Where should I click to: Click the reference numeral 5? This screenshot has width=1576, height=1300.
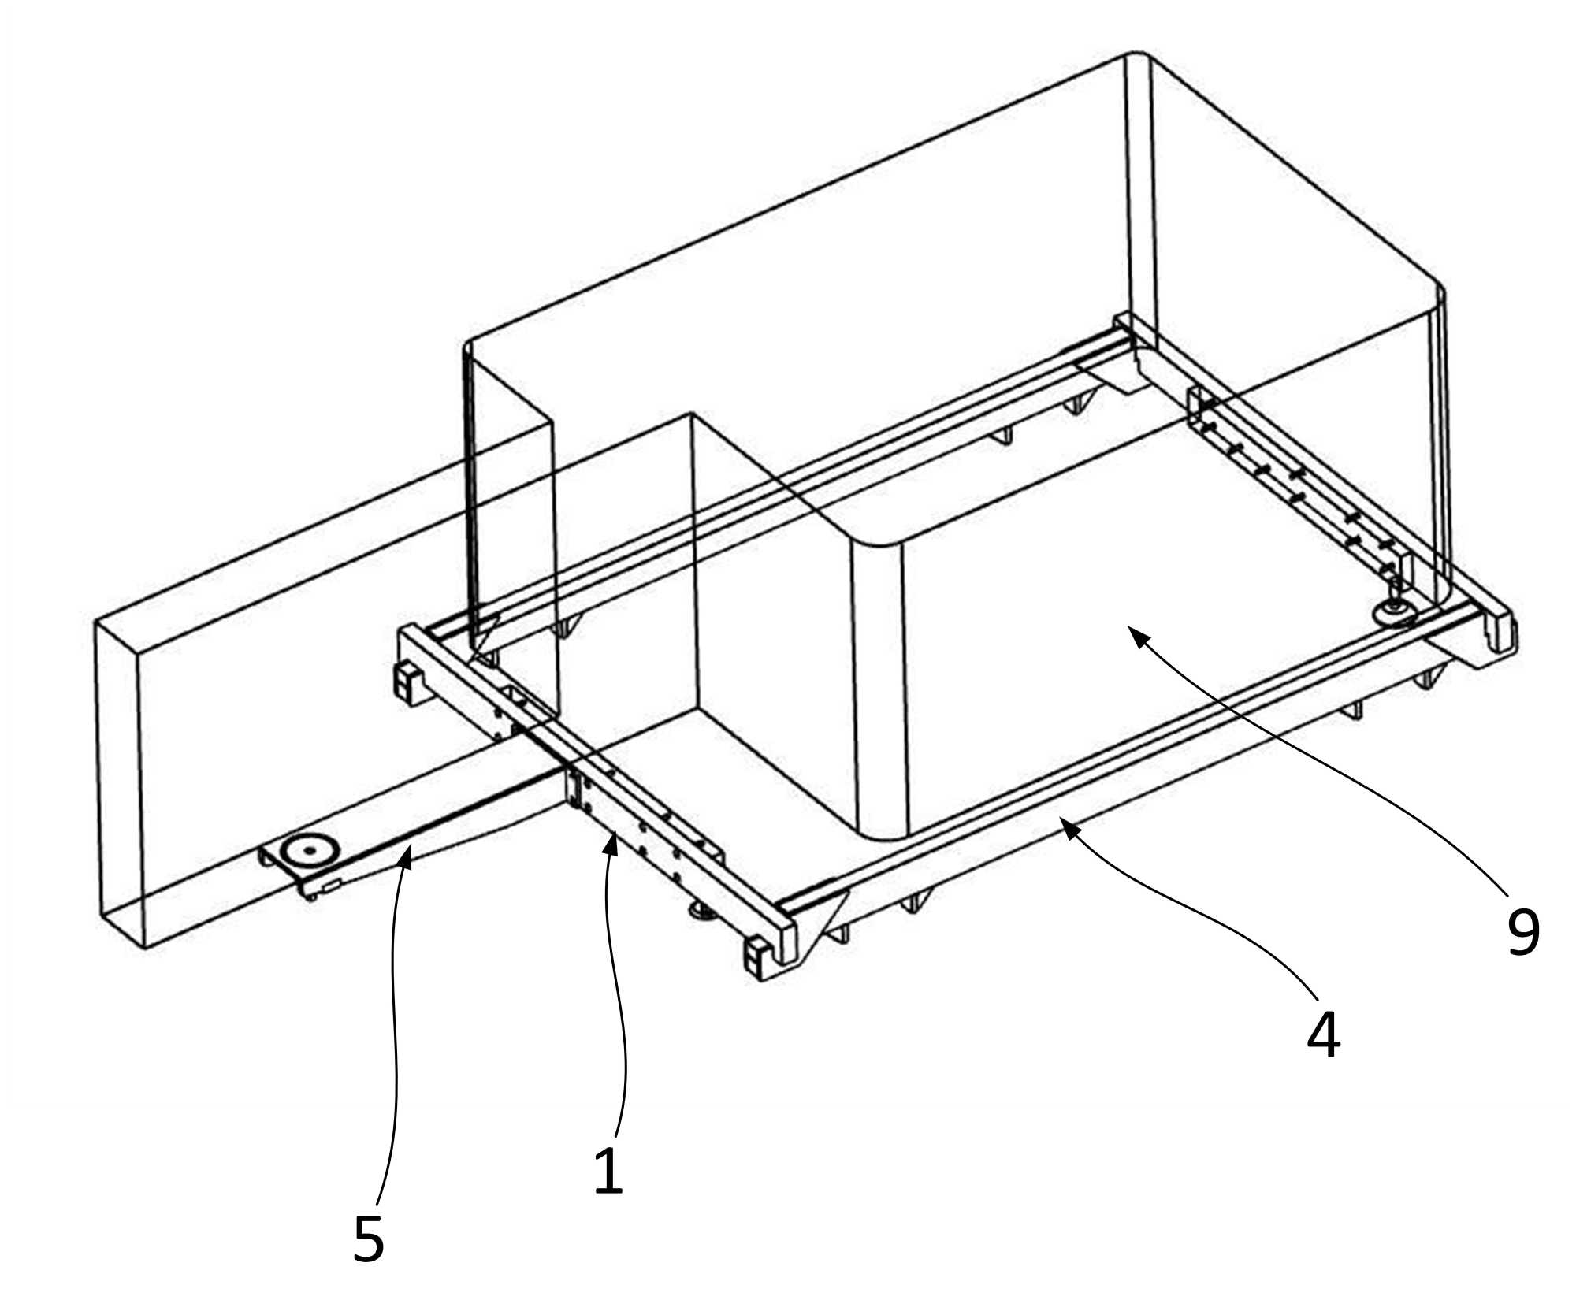pos(369,1239)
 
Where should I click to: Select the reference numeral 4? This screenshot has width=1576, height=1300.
pos(1323,1034)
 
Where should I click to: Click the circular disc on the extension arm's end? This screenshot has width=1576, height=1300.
pos(310,850)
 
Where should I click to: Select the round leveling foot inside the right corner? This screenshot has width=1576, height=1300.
pos(1396,613)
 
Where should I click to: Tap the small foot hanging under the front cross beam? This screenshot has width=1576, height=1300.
pos(700,912)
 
